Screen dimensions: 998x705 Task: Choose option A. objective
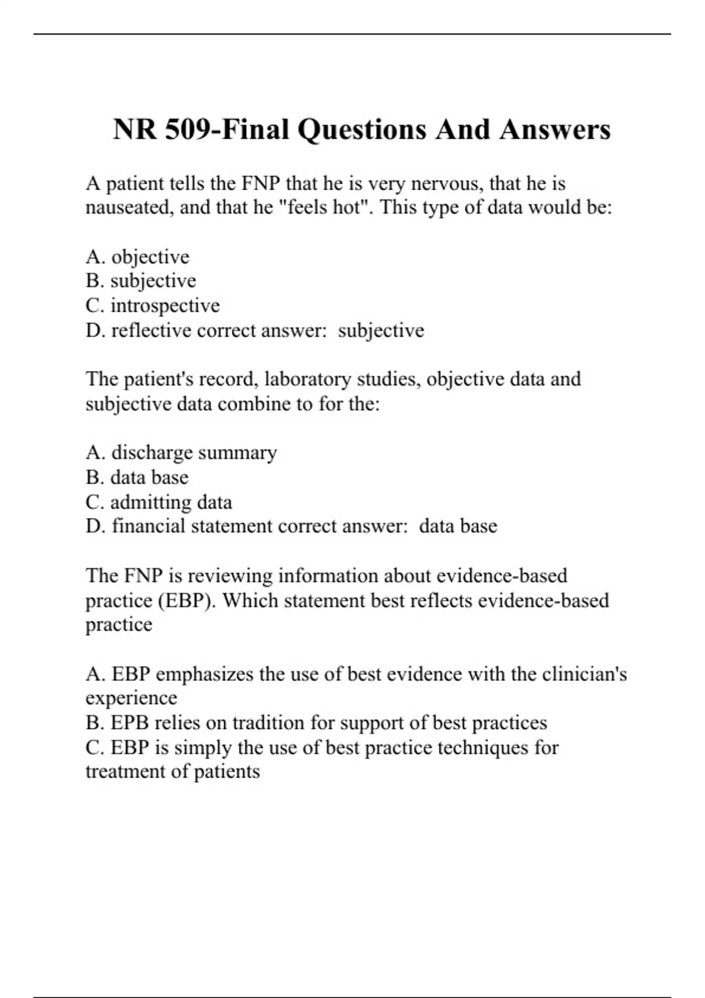(x=137, y=257)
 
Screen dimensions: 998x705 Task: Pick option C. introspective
(x=153, y=305)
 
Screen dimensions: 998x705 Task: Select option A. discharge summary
(x=181, y=453)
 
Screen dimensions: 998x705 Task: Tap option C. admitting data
(x=159, y=502)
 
